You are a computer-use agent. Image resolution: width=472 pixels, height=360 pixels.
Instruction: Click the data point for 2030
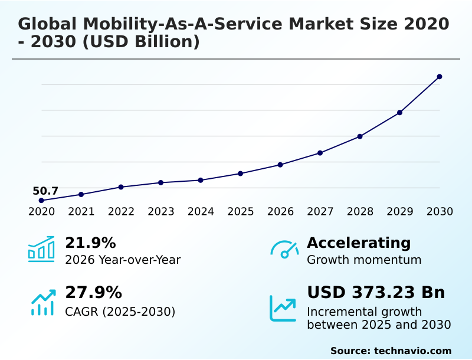[x=440, y=77]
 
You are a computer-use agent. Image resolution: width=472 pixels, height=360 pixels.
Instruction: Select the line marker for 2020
[x=41, y=201]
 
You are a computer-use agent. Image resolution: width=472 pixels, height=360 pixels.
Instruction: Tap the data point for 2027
[x=320, y=153]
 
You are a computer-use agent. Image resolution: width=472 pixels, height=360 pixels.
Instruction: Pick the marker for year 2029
[x=399, y=113]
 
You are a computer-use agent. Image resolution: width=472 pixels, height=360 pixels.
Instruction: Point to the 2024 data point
[x=201, y=180]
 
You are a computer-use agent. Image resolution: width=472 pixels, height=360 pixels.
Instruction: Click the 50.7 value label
[x=45, y=191]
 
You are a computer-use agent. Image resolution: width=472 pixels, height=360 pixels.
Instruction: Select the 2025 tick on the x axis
[x=240, y=211]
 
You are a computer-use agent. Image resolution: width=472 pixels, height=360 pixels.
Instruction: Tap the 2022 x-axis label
[x=121, y=211]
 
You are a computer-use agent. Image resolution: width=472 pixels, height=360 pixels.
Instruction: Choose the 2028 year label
[x=360, y=211]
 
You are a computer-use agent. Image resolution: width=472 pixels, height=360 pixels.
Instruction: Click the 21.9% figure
[x=90, y=243]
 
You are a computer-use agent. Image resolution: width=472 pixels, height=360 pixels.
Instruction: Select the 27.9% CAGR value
[x=93, y=293]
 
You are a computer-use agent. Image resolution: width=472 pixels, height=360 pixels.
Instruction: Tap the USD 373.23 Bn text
[x=376, y=293]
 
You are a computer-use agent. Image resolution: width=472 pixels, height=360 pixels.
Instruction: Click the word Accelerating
[x=359, y=243]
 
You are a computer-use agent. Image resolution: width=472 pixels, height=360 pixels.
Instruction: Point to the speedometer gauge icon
[x=284, y=250]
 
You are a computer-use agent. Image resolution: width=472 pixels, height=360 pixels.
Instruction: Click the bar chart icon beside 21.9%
[x=41, y=249]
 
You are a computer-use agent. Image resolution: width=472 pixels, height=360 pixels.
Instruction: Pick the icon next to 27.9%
[x=42, y=302]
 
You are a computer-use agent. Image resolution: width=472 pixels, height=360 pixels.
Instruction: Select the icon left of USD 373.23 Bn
[x=283, y=308]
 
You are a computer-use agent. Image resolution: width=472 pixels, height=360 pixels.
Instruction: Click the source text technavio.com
[x=412, y=351]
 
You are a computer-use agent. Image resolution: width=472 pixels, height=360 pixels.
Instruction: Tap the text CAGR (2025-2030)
[x=120, y=312]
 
